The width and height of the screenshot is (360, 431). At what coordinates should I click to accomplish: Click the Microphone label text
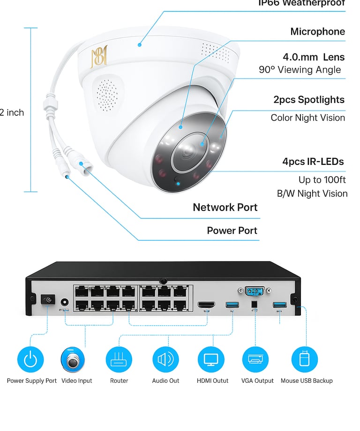(317, 32)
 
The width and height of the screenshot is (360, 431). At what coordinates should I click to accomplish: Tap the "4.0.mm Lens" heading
(314, 57)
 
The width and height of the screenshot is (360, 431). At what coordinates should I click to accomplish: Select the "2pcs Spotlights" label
(309, 100)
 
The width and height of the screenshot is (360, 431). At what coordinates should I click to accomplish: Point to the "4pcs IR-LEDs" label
(313, 162)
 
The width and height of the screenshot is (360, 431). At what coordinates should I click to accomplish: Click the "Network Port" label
(225, 208)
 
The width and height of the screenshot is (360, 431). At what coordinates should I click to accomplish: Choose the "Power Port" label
(232, 230)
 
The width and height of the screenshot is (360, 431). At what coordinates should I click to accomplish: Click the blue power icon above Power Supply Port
(30, 360)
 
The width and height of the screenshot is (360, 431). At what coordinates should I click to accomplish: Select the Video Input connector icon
(73, 360)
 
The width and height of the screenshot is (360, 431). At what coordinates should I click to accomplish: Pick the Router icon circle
(119, 360)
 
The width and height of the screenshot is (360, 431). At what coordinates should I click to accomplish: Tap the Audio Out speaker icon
(165, 360)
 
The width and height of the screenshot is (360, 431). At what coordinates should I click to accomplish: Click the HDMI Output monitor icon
(211, 360)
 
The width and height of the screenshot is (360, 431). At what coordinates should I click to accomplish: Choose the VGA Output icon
(255, 360)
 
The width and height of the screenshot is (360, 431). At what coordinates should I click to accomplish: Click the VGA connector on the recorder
(254, 292)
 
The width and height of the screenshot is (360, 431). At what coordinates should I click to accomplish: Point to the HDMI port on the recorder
(206, 305)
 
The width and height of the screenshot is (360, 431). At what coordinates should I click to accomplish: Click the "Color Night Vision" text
(307, 118)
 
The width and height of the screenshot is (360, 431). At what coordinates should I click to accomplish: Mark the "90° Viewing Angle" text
(300, 70)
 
